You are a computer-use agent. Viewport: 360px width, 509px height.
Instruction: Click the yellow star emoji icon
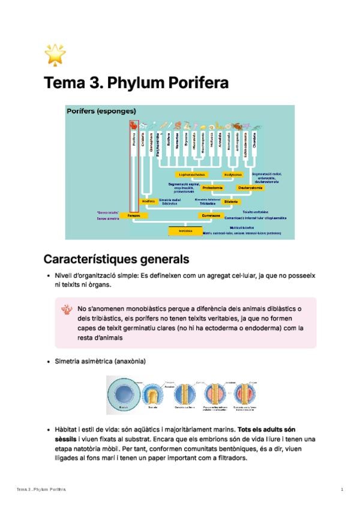coord(55,55)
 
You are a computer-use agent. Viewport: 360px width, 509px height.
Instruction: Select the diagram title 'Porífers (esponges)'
coord(101,111)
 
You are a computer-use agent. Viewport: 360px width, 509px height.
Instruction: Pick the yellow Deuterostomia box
coord(250,188)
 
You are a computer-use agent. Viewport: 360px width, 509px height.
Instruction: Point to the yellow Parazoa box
coord(133,214)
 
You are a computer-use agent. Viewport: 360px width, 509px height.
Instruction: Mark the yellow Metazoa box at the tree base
coord(185,230)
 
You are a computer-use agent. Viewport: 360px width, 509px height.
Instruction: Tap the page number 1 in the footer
coord(342,490)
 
